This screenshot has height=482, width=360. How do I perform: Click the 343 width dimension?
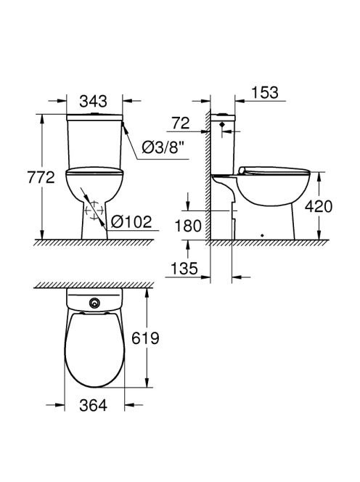[x=93, y=101]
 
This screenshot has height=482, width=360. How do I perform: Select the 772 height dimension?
[x=41, y=177]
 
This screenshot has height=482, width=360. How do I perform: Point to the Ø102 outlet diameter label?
[x=131, y=221]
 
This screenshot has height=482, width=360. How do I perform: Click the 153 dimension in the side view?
[x=265, y=92]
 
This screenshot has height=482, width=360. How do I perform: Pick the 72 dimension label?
[x=181, y=123]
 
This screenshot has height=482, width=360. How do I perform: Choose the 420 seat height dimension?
[x=319, y=206]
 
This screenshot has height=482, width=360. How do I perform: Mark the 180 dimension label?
[x=188, y=226]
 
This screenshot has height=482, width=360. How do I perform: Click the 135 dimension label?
[x=184, y=269]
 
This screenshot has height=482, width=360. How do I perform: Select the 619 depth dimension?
[x=145, y=338]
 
